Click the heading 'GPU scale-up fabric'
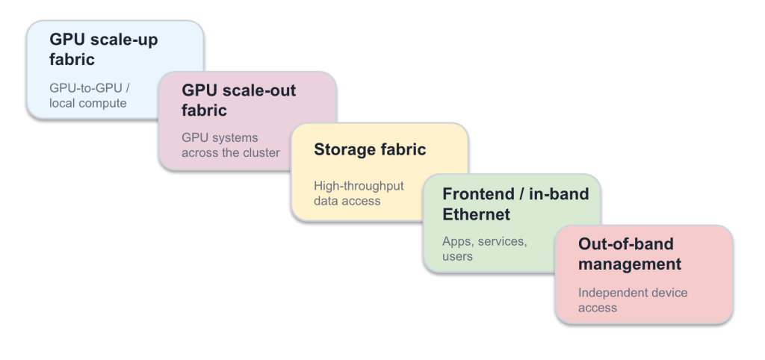pyautogui.click(x=103, y=49)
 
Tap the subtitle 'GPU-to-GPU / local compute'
pyautogui.click(x=90, y=96)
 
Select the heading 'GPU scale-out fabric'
pyautogui.click(x=238, y=100)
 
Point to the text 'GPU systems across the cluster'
pyautogui.click(x=231, y=145)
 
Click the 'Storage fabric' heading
pyautogui.click(x=370, y=149)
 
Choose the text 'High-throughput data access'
pyautogui.click(x=359, y=193)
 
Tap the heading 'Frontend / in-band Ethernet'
pyautogui.click(x=515, y=204)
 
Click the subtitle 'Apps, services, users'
pyautogui.click(x=484, y=249)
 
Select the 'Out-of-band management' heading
pyautogui.click(x=629, y=254)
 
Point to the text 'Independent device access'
pyautogui.click(x=633, y=300)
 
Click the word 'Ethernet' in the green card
pyautogui.click(x=476, y=214)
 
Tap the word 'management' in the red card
pyautogui.click(x=629, y=264)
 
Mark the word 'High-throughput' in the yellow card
pyautogui.click(x=359, y=186)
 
